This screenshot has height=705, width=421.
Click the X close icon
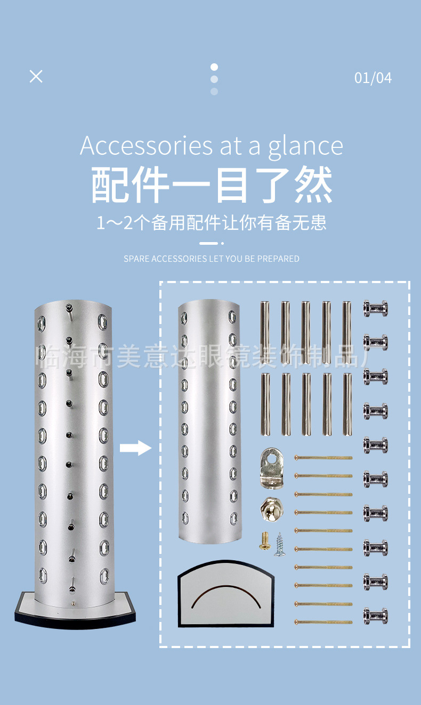point(36,76)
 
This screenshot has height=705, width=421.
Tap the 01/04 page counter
point(373,78)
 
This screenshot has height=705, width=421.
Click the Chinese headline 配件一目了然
point(212,185)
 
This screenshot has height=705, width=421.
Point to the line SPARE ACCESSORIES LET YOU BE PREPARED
point(212,259)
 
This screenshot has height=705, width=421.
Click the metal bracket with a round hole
point(272,467)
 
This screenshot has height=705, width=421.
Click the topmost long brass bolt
point(323,458)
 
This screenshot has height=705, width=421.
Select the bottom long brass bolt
point(323,621)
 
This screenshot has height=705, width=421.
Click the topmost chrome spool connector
point(376,309)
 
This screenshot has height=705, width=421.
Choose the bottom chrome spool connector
point(376,616)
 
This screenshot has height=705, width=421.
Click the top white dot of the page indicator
point(214,67)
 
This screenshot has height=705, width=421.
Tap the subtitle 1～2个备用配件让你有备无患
point(212,223)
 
